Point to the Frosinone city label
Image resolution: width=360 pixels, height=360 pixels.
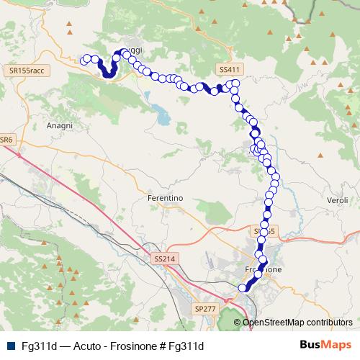[x=263, y=269]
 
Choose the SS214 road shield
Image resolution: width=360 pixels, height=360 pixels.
[x=164, y=258]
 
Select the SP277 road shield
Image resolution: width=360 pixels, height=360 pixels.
[x=204, y=307]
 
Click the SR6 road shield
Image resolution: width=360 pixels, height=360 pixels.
[x=6, y=139]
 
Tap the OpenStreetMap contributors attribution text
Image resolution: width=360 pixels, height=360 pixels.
[x=297, y=322]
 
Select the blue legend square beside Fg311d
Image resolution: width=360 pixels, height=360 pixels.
[x=9, y=346]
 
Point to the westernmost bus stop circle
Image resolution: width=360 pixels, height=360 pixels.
[x=86, y=60]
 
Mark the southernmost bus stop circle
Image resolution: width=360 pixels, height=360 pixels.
[x=243, y=289]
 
